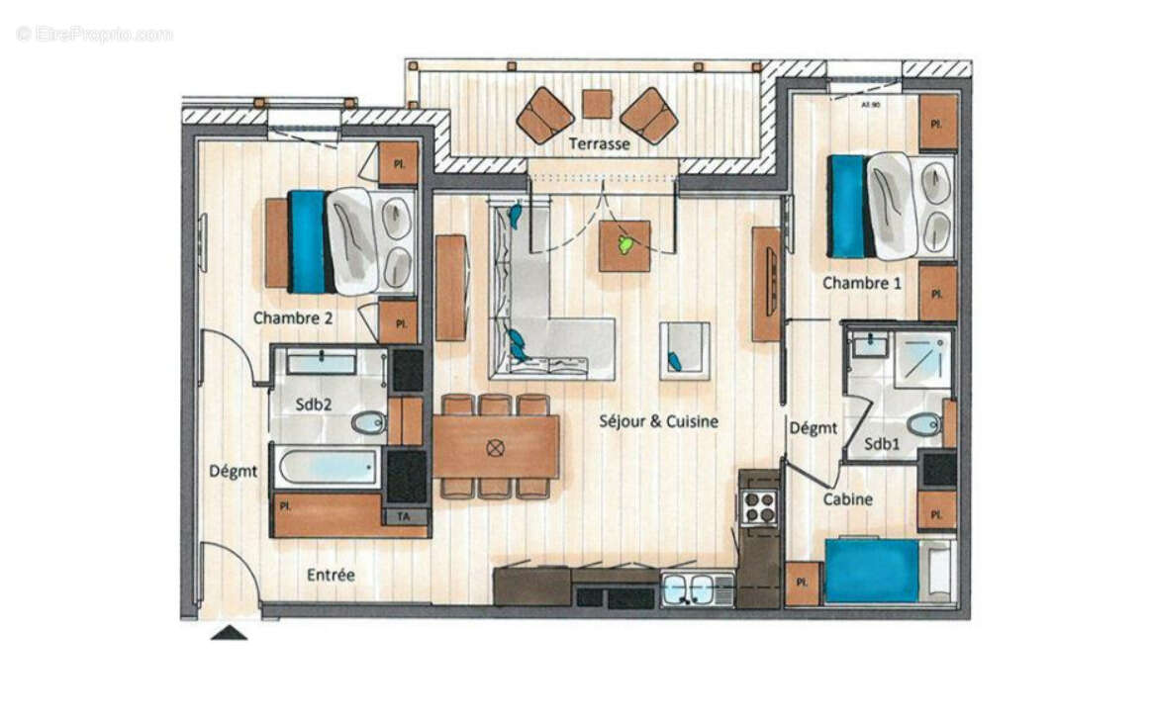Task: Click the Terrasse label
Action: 599,144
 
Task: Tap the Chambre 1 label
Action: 862,283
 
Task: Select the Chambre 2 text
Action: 292,317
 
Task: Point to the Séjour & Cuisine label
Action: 658,420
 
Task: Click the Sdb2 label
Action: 312,406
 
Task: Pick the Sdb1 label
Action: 882,444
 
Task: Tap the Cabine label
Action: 848,499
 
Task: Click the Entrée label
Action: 331,574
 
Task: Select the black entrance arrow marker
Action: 229,633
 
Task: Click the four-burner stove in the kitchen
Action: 759,507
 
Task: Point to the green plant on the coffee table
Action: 625,244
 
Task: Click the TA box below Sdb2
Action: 404,515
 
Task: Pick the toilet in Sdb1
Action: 923,425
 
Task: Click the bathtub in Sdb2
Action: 327,467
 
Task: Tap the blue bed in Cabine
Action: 872,570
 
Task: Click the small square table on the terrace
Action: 597,104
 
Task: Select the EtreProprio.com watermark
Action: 94,34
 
